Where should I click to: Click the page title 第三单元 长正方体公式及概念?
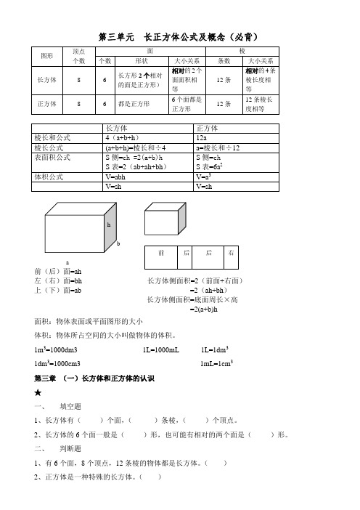179,36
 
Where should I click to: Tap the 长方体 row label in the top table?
48,81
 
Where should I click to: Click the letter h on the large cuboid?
109,226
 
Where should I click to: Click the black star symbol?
37,392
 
